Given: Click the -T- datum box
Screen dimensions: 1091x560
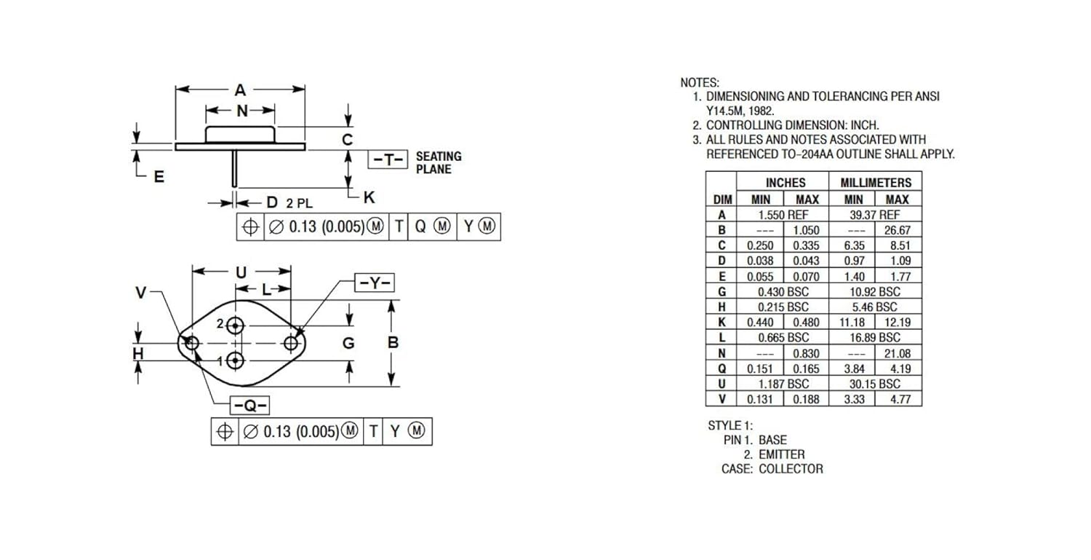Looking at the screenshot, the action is [x=388, y=159].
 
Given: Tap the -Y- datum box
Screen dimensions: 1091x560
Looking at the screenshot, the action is [x=375, y=283].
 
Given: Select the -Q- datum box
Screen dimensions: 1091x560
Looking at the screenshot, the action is [x=250, y=406].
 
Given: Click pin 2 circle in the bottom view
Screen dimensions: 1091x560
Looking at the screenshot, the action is [x=236, y=326].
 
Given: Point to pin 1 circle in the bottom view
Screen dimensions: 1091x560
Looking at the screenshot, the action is [x=236, y=361].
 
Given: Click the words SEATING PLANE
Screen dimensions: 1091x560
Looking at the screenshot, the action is [x=439, y=162].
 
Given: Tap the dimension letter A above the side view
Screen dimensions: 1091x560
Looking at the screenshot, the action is [x=240, y=90].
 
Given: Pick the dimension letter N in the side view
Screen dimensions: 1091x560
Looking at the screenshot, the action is [x=242, y=111].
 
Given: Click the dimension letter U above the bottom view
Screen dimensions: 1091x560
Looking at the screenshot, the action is [x=241, y=272].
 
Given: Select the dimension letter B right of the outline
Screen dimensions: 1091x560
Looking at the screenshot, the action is [x=393, y=343].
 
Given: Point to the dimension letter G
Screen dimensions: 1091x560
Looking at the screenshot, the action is [x=348, y=344].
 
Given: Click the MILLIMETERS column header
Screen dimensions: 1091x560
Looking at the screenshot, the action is [x=876, y=183].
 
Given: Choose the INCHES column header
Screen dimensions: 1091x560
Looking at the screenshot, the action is [x=786, y=183].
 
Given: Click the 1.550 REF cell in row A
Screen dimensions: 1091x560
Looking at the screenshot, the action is [x=783, y=215].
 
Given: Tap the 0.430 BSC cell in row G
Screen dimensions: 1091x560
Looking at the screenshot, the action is [x=783, y=292].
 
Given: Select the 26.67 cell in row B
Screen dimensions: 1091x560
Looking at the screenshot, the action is [x=897, y=230].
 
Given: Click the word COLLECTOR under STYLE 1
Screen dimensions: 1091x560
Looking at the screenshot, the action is [x=791, y=469].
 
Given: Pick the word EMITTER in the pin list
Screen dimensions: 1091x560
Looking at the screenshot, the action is [x=782, y=454].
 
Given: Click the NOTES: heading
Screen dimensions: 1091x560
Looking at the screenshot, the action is [x=700, y=83].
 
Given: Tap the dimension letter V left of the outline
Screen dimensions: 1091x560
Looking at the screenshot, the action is [x=141, y=293].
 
